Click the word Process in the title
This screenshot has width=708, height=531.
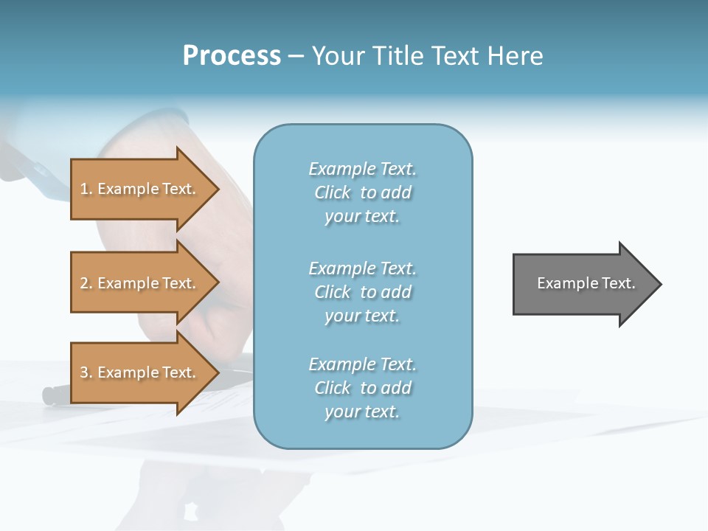[x=232, y=56]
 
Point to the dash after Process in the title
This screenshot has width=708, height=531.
[x=295, y=57]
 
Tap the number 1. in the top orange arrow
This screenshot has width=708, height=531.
[x=86, y=189]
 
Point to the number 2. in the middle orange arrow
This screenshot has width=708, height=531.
[x=86, y=283]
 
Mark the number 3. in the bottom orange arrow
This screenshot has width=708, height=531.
[x=86, y=372]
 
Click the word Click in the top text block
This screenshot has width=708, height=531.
[x=333, y=192]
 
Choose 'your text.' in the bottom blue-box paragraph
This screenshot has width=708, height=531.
[x=362, y=412]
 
